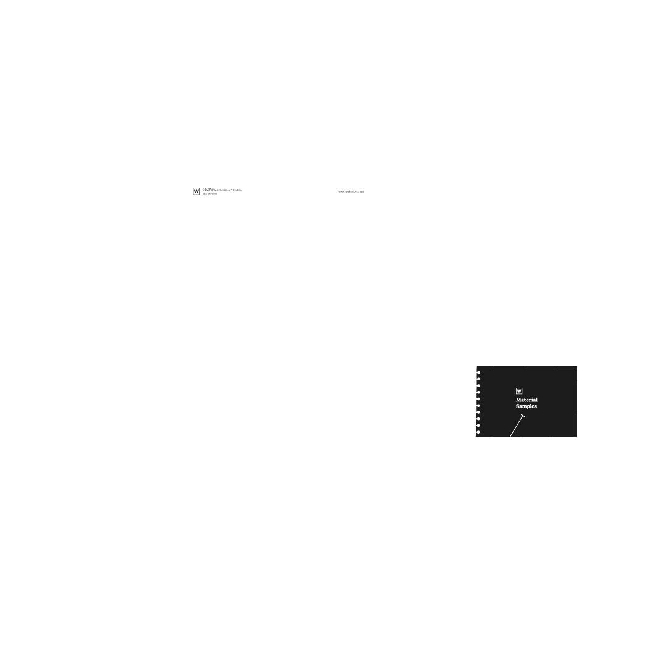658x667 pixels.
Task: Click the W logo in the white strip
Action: pyautogui.click(x=196, y=191)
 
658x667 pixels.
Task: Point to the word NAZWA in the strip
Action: pyautogui.click(x=209, y=190)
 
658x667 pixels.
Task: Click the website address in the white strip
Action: pyautogui.click(x=351, y=191)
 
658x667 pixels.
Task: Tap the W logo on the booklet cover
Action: pyautogui.click(x=519, y=390)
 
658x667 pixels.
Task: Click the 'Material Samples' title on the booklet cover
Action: pyautogui.click(x=527, y=403)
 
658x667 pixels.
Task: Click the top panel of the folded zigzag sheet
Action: pyautogui.click(x=512, y=111)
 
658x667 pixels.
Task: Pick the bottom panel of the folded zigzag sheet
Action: pyautogui.click(x=512, y=279)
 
